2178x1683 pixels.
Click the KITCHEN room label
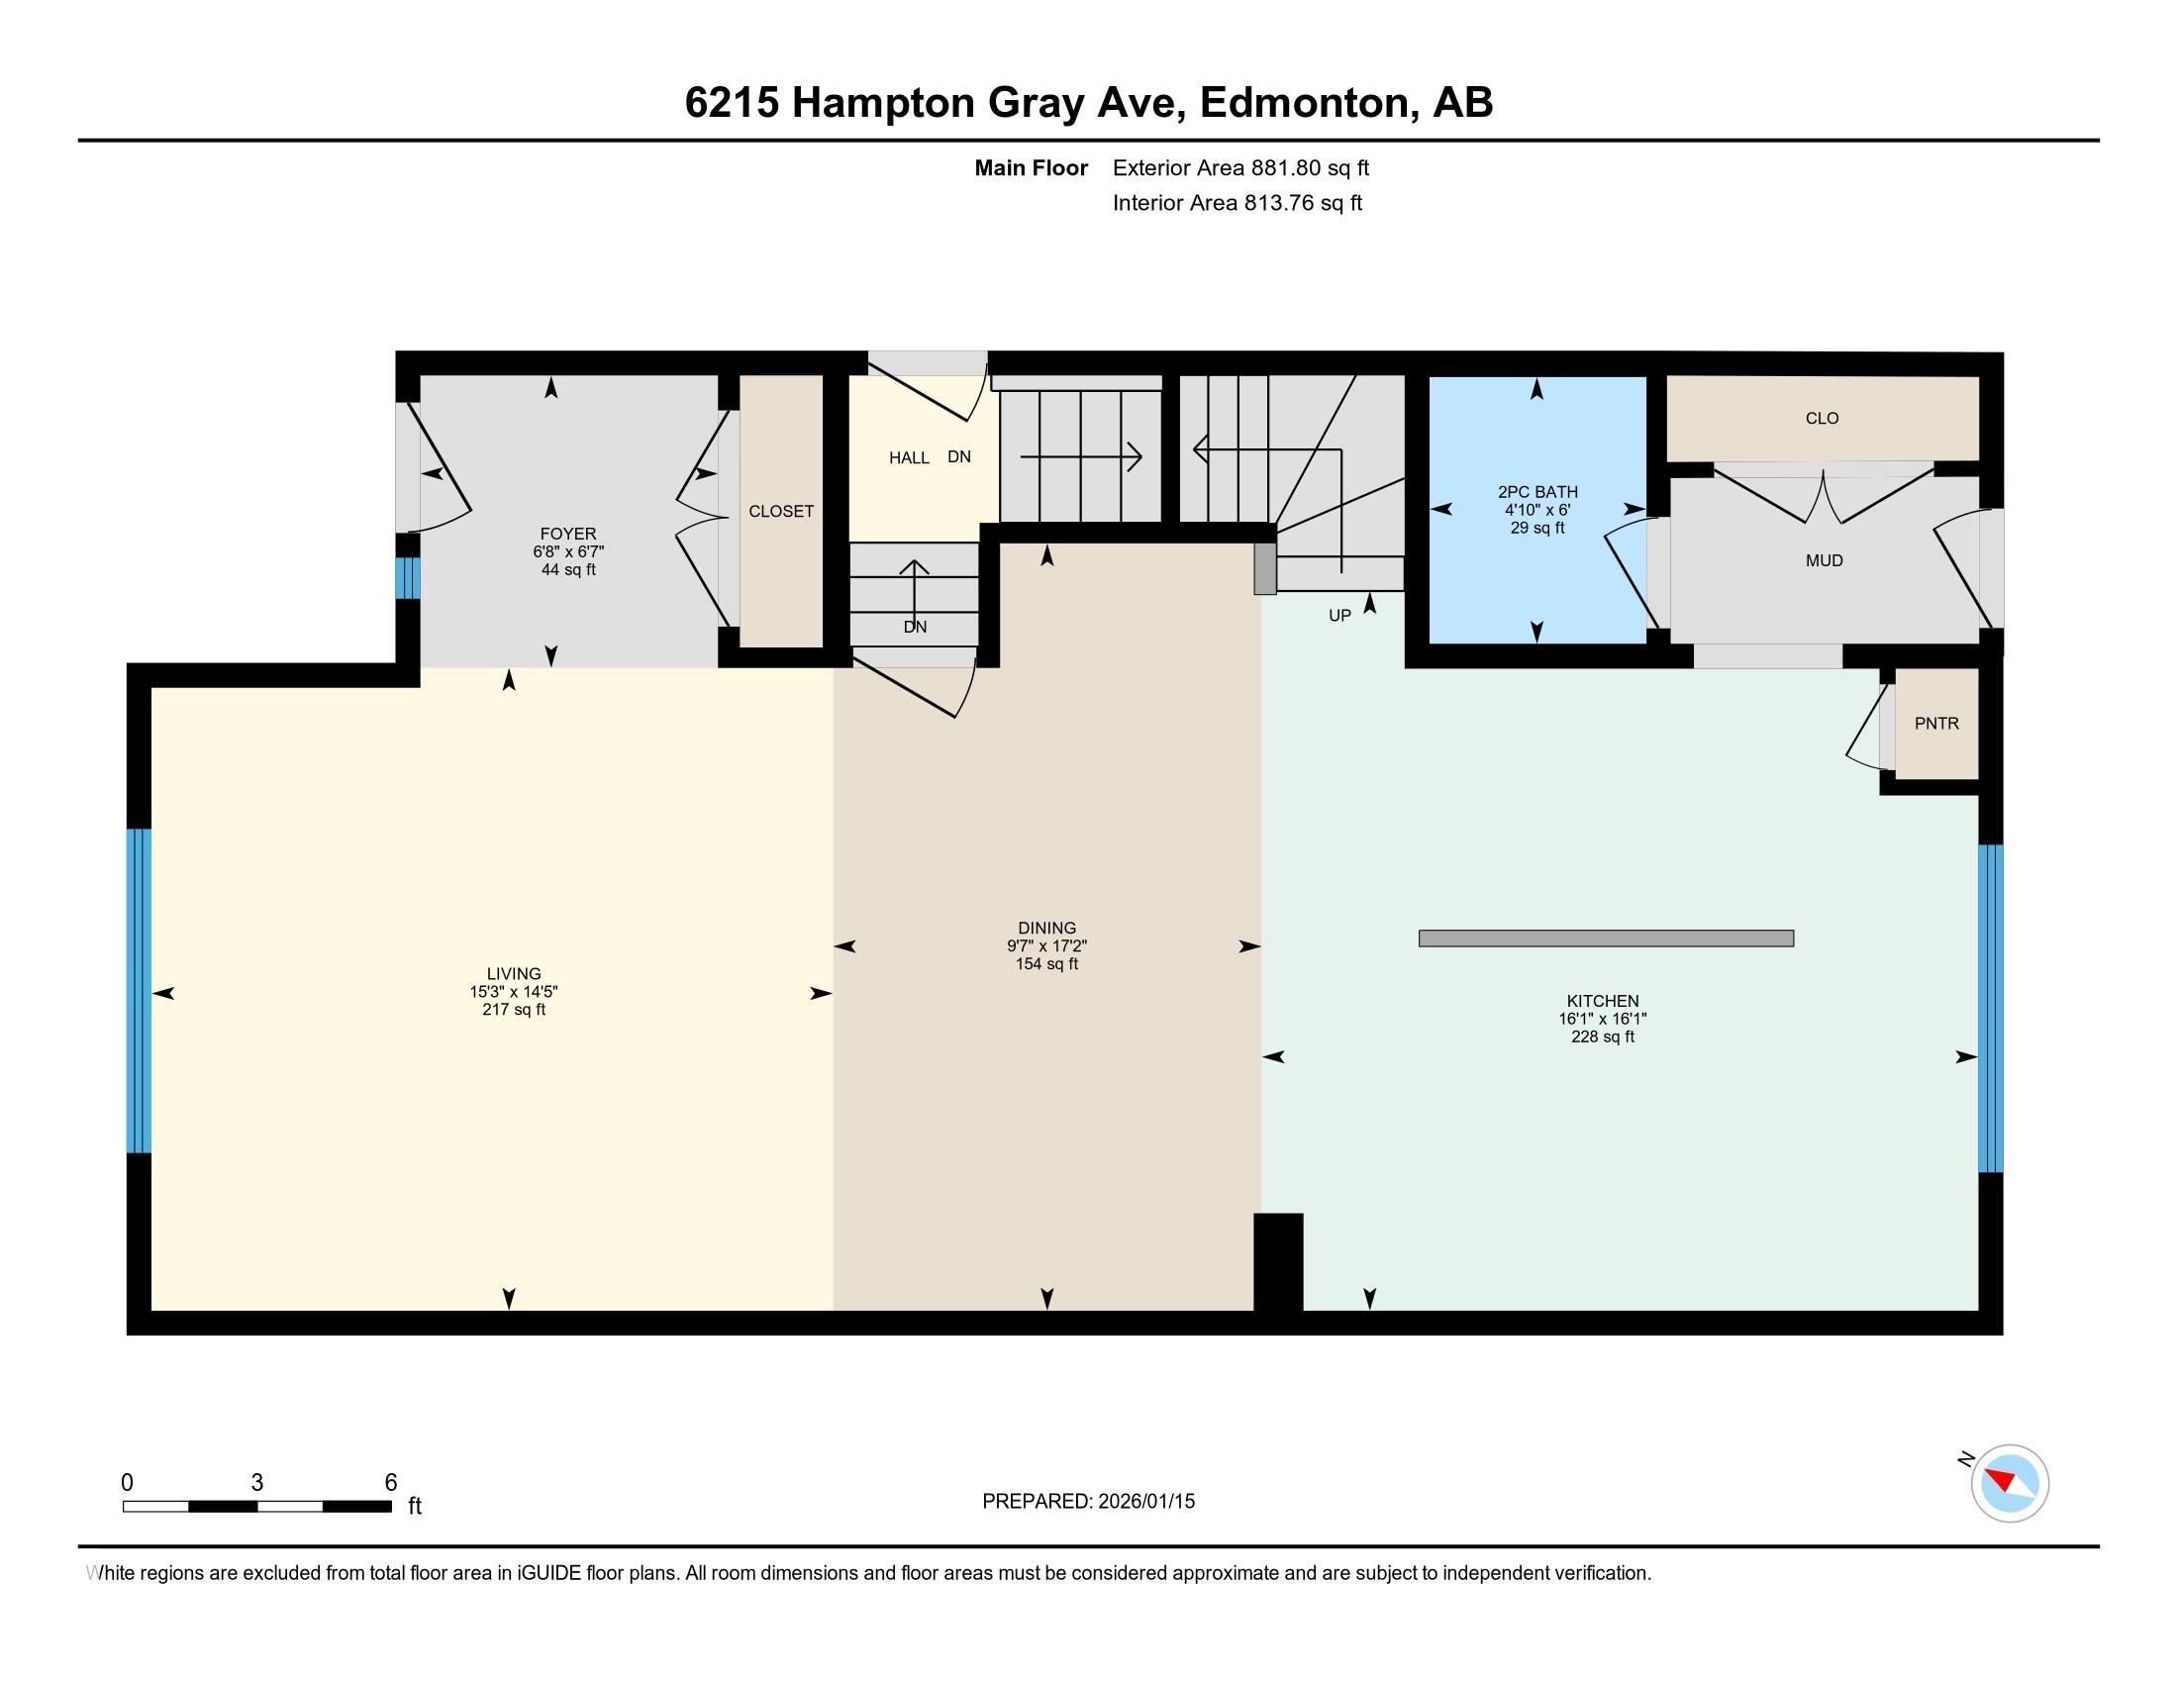pyautogui.click(x=1602, y=1000)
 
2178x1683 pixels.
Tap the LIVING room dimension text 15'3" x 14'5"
pyautogui.click(x=514, y=992)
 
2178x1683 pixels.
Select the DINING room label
pyautogui.click(x=1046, y=928)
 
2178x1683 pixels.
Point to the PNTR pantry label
pyautogui.click(x=1935, y=723)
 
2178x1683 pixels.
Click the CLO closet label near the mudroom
pyautogui.click(x=1821, y=418)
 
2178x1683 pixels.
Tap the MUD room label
pyautogui.click(x=1823, y=560)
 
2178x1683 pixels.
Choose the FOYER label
pyautogui.click(x=567, y=534)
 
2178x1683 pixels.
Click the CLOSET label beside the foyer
pyautogui.click(x=781, y=511)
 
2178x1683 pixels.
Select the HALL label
pyautogui.click(x=909, y=457)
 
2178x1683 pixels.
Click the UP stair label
pyautogui.click(x=1338, y=615)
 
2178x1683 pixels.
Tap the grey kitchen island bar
pyautogui.click(x=1605, y=938)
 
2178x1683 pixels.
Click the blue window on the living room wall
pyautogui.click(x=139, y=990)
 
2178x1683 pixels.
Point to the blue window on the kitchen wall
pyautogui.click(x=1990, y=1007)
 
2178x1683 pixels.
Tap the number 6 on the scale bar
pyautogui.click(x=391, y=1483)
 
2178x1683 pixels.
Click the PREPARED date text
pyautogui.click(x=1087, y=1501)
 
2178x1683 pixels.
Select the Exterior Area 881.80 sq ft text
pyautogui.click(x=1239, y=167)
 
